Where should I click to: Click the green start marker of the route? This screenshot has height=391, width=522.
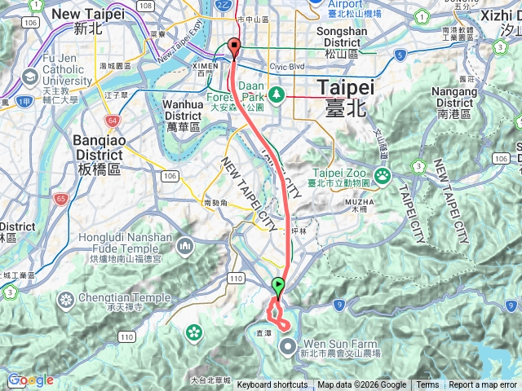tap(278, 286)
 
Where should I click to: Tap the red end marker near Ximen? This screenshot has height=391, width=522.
tap(235, 47)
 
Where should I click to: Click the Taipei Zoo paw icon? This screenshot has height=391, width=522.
tap(381, 175)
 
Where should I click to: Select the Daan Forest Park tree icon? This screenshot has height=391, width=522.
tap(277, 94)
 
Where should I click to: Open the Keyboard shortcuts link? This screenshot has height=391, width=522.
tap(272, 385)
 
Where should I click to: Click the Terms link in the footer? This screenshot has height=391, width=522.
tap(427, 385)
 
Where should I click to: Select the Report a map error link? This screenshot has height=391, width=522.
tap(482, 385)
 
